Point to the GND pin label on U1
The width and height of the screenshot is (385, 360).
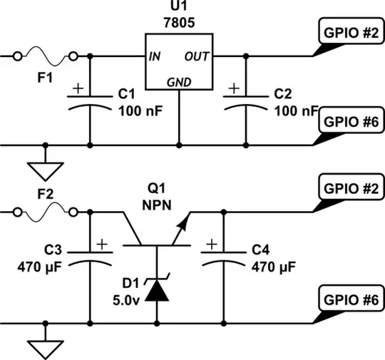click(x=178, y=81)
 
